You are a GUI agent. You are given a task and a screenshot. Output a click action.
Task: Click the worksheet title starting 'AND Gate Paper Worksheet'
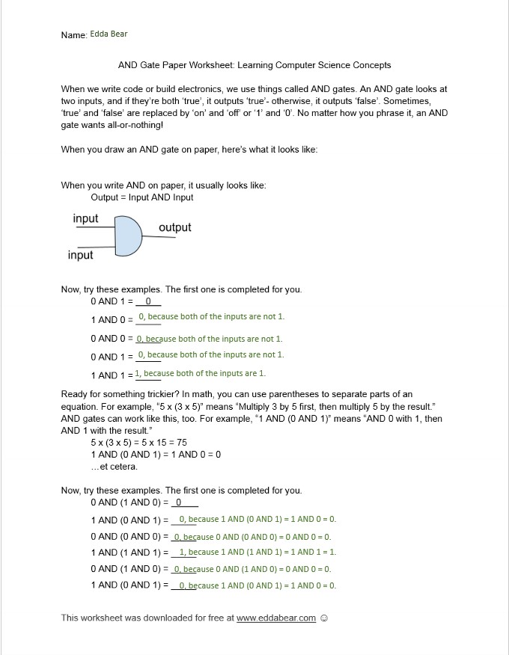point(254,65)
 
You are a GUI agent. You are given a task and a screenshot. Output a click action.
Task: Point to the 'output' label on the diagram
point(174,227)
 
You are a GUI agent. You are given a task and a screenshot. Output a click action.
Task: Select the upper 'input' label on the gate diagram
point(85,218)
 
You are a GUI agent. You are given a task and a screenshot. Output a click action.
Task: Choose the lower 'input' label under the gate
point(80,255)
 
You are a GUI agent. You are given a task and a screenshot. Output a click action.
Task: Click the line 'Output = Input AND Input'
point(142,197)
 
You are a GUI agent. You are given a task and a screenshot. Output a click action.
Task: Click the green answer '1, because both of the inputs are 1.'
point(201,373)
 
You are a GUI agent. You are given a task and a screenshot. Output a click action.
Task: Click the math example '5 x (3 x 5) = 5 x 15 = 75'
point(138,443)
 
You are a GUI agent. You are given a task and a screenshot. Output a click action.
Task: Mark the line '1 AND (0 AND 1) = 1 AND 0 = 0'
point(156,455)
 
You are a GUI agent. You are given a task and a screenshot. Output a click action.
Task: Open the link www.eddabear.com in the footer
point(276,618)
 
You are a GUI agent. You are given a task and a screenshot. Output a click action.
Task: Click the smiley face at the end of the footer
point(324,618)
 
